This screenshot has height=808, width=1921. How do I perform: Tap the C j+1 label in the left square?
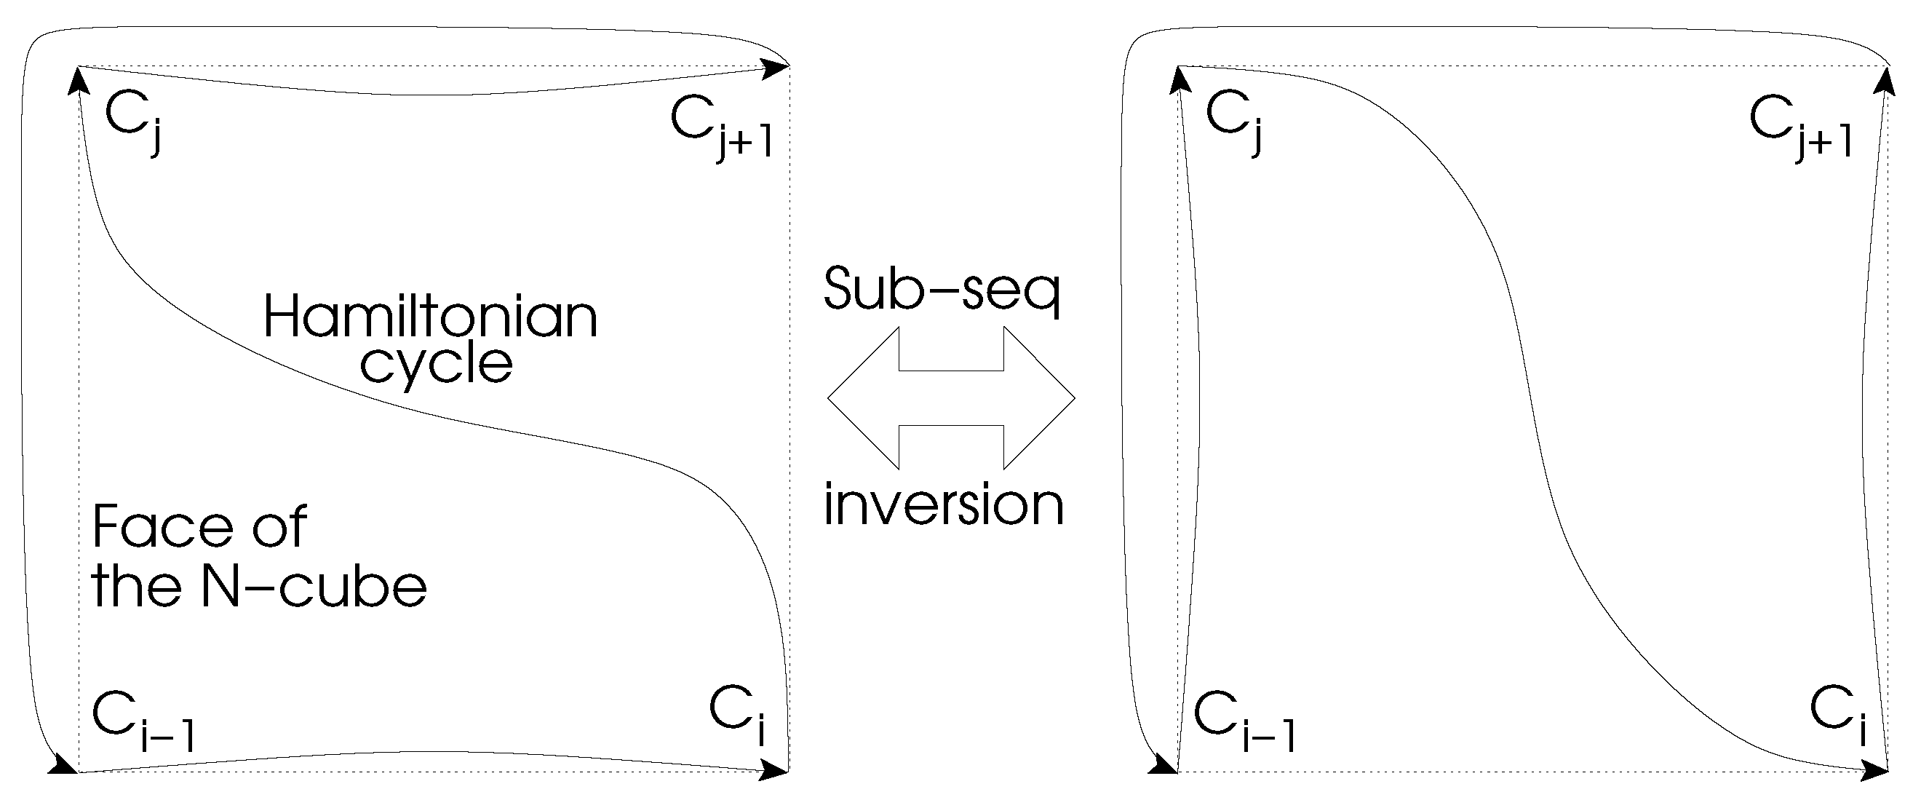(720, 127)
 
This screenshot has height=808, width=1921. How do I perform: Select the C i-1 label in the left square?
(142, 720)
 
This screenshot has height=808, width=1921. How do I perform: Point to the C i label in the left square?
(739, 713)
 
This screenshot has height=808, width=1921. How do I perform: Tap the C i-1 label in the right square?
(1244, 720)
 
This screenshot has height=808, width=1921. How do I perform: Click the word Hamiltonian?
(430, 317)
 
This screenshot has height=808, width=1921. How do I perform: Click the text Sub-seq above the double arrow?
(942, 289)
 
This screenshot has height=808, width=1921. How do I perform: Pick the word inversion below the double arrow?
(943, 505)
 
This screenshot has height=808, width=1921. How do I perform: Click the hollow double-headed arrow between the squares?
(951, 397)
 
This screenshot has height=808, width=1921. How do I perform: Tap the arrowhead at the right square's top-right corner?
(1885, 81)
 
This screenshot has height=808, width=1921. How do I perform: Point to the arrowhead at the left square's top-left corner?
(77, 81)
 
